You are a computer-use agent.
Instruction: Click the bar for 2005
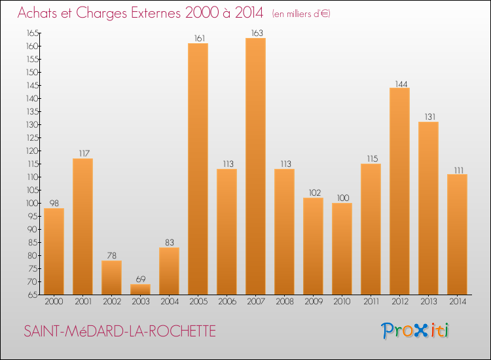(x=198, y=169)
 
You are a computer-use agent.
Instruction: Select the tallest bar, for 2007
(x=255, y=166)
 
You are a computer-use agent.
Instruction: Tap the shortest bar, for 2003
(x=140, y=289)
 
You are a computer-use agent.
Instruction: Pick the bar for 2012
(x=399, y=191)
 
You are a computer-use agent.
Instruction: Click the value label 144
(x=399, y=83)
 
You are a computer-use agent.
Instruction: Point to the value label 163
(x=255, y=33)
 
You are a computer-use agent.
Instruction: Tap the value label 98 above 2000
(x=54, y=204)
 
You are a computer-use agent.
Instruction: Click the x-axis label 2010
(x=342, y=302)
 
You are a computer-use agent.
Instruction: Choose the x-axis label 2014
(x=457, y=302)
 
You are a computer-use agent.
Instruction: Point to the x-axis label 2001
(x=82, y=302)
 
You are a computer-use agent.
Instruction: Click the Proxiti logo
(x=416, y=331)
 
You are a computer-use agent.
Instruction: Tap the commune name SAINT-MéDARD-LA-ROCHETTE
(x=119, y=331)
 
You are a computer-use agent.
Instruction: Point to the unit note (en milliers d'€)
(x=301, y=14)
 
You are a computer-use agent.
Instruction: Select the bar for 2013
(x=428, y=208)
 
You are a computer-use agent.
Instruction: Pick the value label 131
(x=428, y=117)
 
